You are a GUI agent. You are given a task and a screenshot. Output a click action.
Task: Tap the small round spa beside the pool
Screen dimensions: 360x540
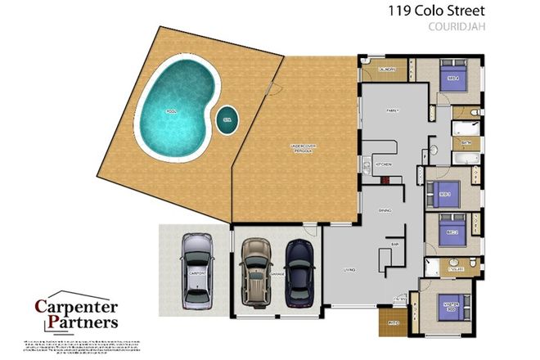226,119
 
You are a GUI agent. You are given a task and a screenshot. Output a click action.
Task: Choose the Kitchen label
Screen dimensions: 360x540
384,164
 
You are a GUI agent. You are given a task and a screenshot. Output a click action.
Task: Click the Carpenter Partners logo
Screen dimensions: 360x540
76,313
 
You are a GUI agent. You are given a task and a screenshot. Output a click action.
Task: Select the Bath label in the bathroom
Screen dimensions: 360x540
466,142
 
